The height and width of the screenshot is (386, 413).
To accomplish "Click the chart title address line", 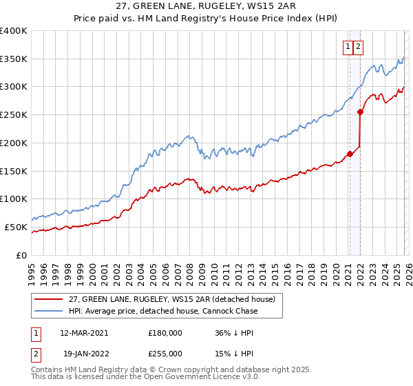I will pyautogui.click(x=206, y=8).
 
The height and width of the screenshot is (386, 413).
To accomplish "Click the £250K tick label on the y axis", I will pyautogui.click(x=14, y=115).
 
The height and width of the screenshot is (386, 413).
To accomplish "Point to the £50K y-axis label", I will pyautogui.click(x=16, y=227).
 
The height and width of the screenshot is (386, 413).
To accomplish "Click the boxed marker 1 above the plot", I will pyautogui.click(x=348, y=47).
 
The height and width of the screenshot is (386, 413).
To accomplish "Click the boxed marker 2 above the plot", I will pyautogui.click(x=359, y=47).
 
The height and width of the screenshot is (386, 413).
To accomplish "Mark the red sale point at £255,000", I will pyautogui.click(x=360, y=112).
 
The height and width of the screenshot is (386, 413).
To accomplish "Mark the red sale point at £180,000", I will pyautogui.click(x=350, y=154).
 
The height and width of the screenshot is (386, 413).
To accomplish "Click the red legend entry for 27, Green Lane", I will pyautogui.click(x=172, y=299).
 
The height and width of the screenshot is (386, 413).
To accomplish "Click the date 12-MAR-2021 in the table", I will pyautogui.click(x=84, y=332).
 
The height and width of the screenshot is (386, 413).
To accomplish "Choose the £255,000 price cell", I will pyautogui.click(x=165, y=353).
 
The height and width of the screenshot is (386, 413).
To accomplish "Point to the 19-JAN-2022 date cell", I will pyautogui.click(x=84, y=353).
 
